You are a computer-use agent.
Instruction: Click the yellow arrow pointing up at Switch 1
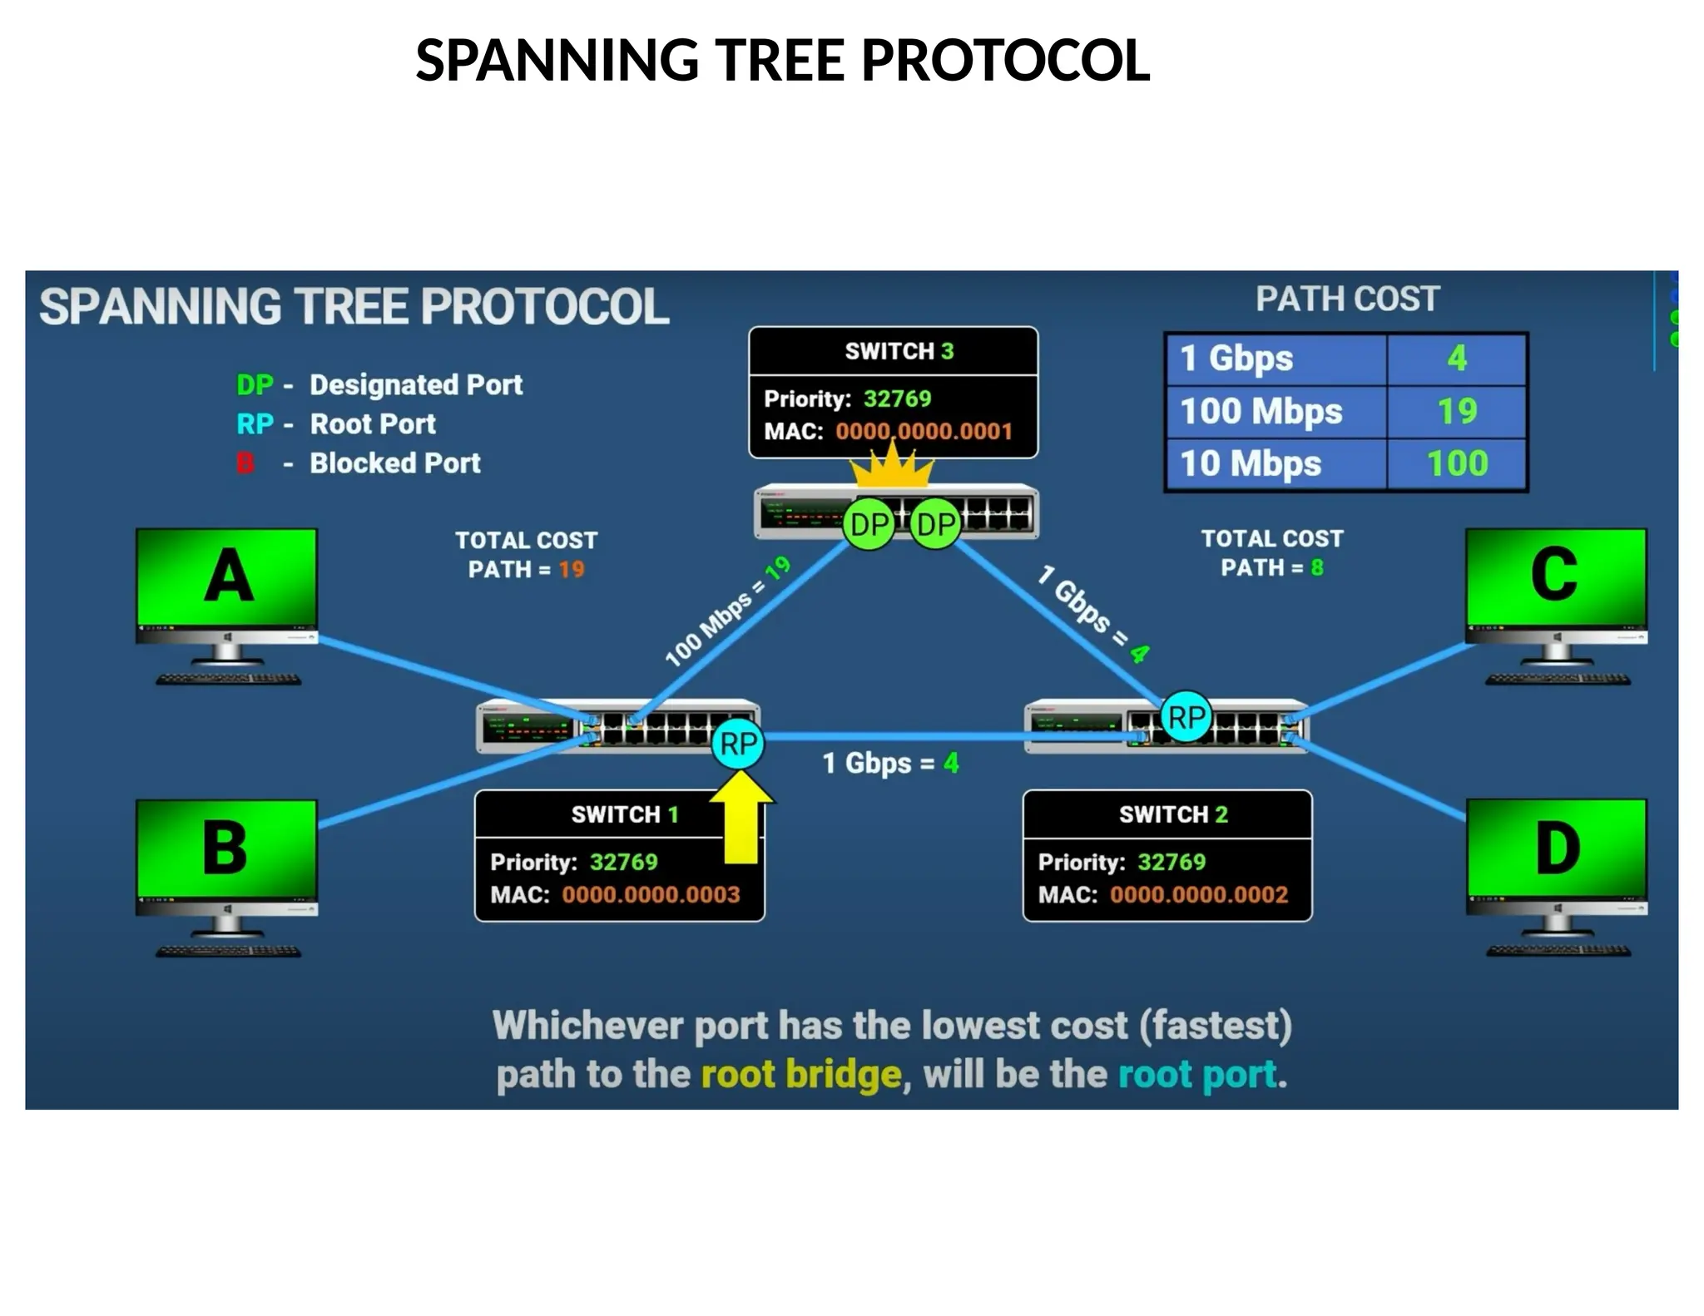point(741,819)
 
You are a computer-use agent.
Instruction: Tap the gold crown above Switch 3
point(891,468)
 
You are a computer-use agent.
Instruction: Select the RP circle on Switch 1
point(738,744)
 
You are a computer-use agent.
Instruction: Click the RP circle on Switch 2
point(1186,717)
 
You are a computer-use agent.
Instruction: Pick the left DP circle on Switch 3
point(869,525)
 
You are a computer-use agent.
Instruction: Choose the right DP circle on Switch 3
point(935,525)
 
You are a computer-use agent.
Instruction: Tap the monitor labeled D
point(1557,857)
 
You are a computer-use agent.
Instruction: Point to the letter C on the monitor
point(1554,574)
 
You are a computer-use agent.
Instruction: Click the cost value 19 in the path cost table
point(1457,411)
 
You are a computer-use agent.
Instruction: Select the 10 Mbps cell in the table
point(1251,463)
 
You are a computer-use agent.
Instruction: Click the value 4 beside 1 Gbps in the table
point(1457,359)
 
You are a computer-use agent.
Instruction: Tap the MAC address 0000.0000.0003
point(651,894)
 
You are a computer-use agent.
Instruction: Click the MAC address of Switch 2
point(1198,894)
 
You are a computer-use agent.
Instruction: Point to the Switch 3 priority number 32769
point(897,398)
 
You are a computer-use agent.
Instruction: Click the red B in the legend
point(245,463)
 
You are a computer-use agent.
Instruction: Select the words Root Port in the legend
point(373,424)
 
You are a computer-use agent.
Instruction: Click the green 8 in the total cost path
point(1317,568)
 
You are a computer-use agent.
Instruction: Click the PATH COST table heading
point(1347,299)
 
